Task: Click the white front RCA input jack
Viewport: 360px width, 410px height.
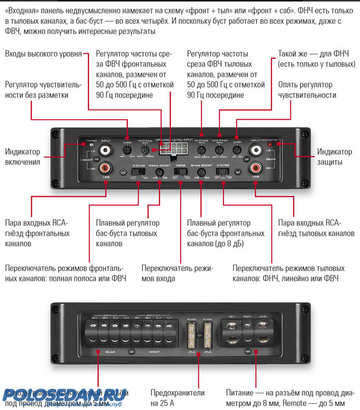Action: point(106,149)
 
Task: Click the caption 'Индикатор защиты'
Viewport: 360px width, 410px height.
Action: point(334,157)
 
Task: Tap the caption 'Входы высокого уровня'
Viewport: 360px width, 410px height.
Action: point(43,54)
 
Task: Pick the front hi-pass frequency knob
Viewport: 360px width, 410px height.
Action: point(145,149)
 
